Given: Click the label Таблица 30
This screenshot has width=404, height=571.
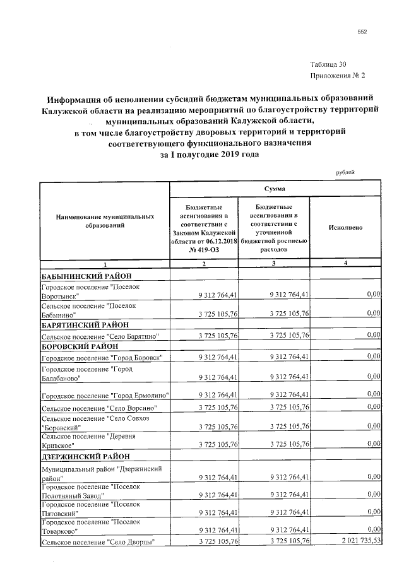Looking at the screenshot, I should click(328, 64).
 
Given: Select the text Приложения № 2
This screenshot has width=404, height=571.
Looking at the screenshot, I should click(338, 76).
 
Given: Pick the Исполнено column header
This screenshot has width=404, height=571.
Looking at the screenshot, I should click(345, 227).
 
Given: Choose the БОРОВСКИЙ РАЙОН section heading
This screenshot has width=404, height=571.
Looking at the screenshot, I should click(76, 346).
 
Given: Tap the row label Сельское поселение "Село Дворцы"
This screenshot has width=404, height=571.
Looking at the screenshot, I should click(97, 541).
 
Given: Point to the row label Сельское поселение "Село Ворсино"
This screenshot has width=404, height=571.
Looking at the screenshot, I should click(97, 408).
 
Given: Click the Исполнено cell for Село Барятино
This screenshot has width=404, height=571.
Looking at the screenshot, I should click(373, 335).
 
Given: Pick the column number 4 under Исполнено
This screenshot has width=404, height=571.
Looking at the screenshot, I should click(345, 263).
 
